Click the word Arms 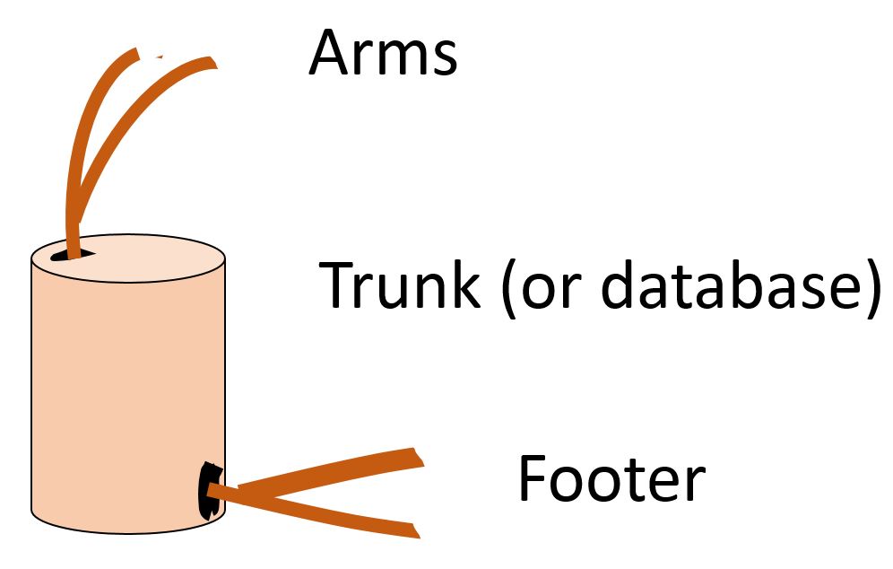(x=383, y=52)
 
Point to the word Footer (x=612, y=477)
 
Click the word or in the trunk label (x=546, y=291)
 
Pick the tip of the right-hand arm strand (x=214, y=62)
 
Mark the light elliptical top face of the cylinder (x=128, y=258)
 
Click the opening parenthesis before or (x=507, y=288)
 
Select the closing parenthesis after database (x=871, y=288)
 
